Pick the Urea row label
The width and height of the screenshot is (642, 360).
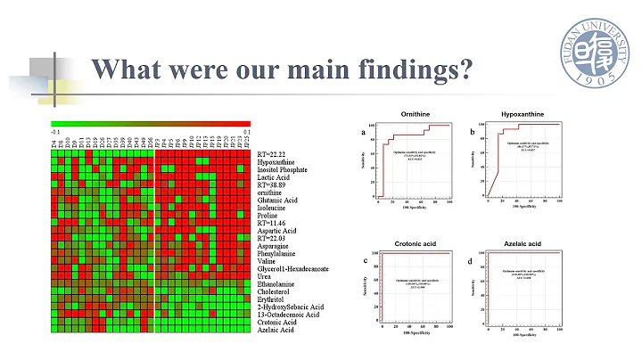[265, 274]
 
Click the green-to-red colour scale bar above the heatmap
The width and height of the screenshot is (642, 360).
[151, 124]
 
